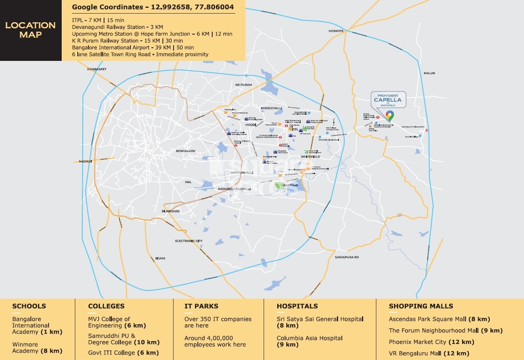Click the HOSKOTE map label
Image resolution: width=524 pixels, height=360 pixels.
coord(336,31)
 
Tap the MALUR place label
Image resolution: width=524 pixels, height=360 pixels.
coord(429,73)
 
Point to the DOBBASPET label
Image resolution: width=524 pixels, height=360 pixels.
coord(97,69)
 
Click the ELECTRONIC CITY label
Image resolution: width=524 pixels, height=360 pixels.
coord(189,241)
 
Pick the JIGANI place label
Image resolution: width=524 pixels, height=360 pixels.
coord(160,258)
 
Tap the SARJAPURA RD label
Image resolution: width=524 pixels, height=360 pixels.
coord(347,257)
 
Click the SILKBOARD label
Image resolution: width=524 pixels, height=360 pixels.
coord(170,211)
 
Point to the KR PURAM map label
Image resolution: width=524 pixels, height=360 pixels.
coord(243,85)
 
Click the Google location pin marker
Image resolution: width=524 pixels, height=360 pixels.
coord(389,116)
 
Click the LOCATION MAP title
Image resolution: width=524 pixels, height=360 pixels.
coord(30,30)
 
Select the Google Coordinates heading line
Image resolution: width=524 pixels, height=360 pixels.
coord(153,7)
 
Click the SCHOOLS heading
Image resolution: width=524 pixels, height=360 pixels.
coord(29,306)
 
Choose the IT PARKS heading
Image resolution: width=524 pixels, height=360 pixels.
coord(202,306)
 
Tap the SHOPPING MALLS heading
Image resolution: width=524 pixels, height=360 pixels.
coord(421,306)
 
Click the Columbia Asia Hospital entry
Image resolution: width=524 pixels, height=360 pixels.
coord(309,338)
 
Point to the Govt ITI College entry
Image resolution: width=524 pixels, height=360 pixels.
coord(111,353)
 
